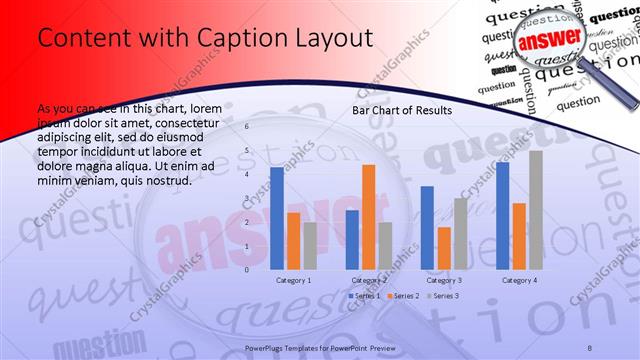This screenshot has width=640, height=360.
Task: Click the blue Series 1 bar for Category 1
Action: [277, 218]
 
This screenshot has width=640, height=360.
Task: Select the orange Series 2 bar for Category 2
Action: [368, 217]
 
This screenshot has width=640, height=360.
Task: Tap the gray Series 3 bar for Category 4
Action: [536, 210]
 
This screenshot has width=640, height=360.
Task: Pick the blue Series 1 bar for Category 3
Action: [427, 228]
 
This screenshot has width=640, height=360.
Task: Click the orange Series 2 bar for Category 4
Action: [519, 236]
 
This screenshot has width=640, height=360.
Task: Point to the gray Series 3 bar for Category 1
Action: [310, 246]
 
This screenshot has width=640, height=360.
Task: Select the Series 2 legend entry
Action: [403, 296]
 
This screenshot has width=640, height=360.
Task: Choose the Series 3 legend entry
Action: [443, 296]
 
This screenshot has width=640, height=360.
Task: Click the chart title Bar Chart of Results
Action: [401, 110]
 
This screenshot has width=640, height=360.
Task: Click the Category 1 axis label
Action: [293, 281]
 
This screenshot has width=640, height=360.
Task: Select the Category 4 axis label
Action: [519, 281]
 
